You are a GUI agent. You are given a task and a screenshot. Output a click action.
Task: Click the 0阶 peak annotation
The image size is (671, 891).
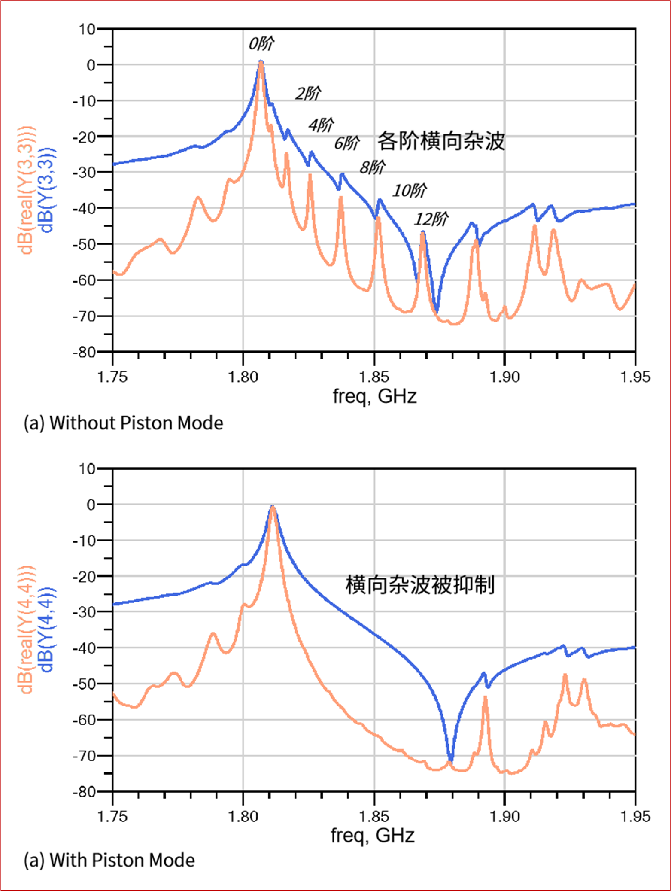pos(261,44)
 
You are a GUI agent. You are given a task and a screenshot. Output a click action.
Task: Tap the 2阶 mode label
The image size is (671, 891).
pos(308,93)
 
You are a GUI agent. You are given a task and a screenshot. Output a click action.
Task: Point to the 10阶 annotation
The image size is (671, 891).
pos(410,190)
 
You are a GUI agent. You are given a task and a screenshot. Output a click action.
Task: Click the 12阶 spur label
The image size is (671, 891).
pos(431,219)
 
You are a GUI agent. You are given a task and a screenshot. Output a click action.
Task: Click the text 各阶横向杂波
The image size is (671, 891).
pos(441,141)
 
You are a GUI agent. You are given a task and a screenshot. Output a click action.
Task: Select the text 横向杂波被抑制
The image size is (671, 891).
pos(420,584)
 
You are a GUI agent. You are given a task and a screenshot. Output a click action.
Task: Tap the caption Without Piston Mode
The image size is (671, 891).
pos(124,423)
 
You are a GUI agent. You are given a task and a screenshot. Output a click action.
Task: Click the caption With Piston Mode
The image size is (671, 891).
pos(109,860)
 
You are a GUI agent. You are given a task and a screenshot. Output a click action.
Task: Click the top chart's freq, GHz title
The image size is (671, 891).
pos(374,396)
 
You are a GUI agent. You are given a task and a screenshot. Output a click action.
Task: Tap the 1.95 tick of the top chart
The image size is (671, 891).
pos(635,377)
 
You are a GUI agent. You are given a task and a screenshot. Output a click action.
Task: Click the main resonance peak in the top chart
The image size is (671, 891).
pos(261,63)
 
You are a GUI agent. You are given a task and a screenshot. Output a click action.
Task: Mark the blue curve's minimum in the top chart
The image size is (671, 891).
pos(437,310)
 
